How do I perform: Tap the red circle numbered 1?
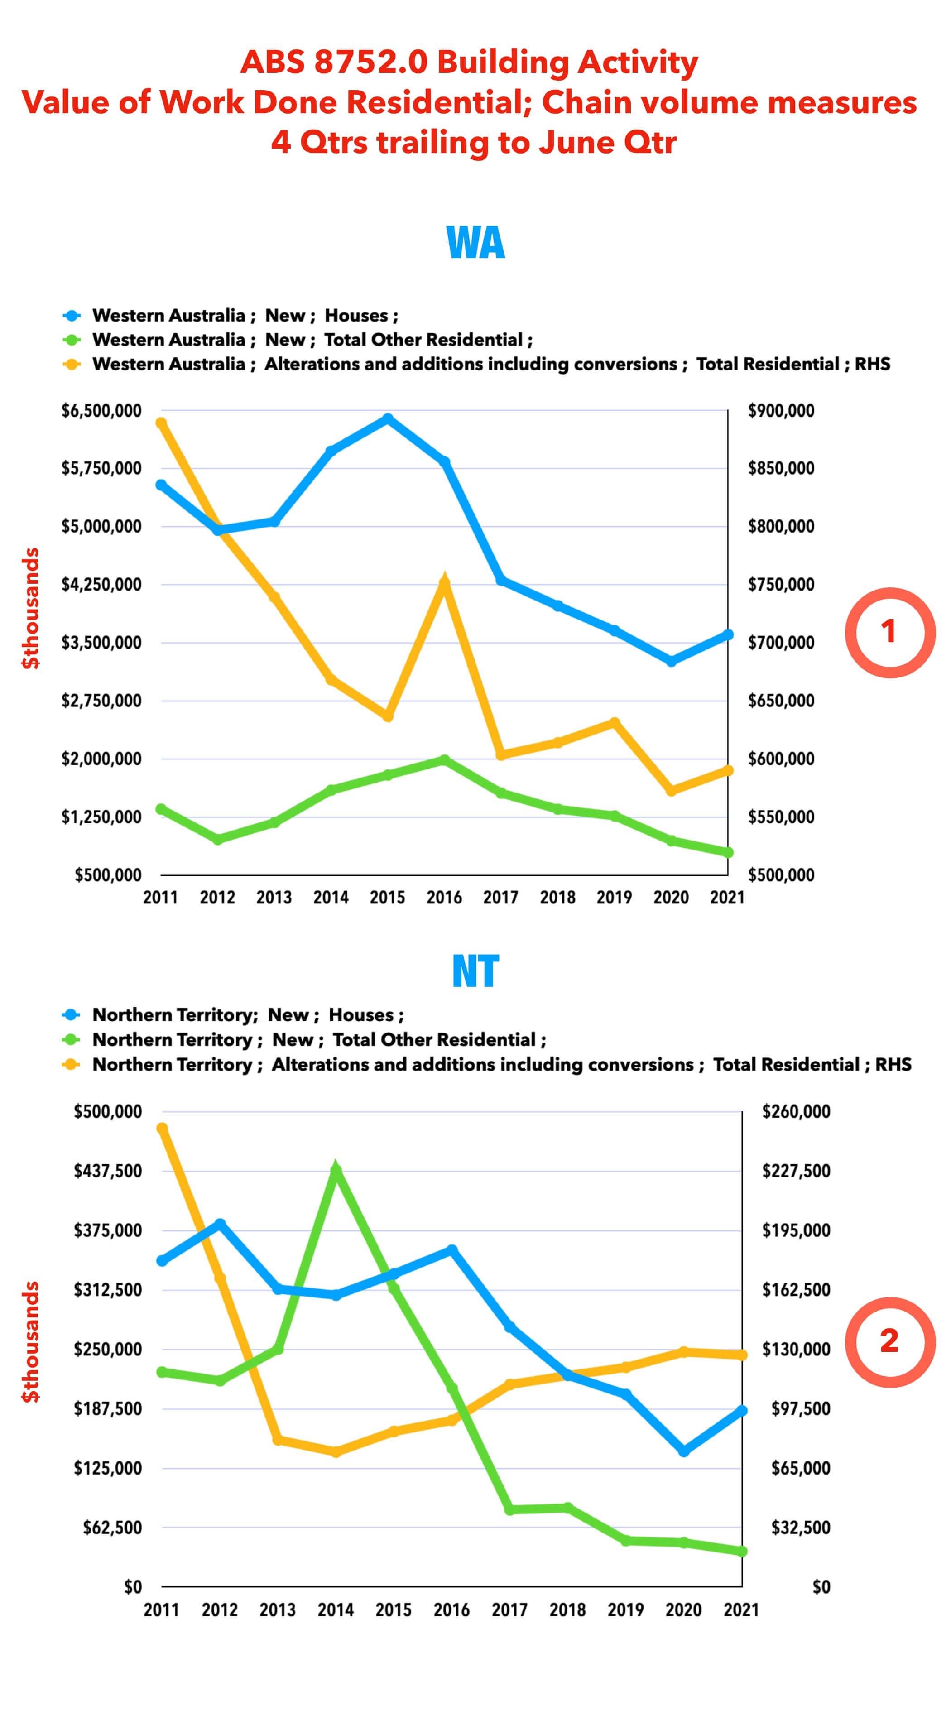point(889,632)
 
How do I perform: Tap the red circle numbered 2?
point(889,1342)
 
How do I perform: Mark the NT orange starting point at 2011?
point(162,1129)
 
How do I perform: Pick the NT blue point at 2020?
point(684,1451)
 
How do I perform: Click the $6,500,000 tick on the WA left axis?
point(101,411)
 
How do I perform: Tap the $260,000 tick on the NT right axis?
point(796,1112)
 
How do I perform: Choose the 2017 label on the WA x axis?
point(501,898)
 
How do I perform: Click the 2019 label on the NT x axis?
point(625,1610)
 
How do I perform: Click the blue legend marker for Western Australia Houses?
point(72,315)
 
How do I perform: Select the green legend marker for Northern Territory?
point(72,1040)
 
